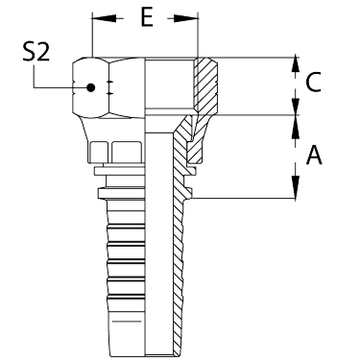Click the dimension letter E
147,18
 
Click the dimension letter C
313,83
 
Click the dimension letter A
314,155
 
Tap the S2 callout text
36,52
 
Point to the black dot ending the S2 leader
91,87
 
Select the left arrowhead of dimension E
104,18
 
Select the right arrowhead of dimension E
186,18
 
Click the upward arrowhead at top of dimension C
296,68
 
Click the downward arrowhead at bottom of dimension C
296,105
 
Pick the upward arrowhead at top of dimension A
296,126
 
